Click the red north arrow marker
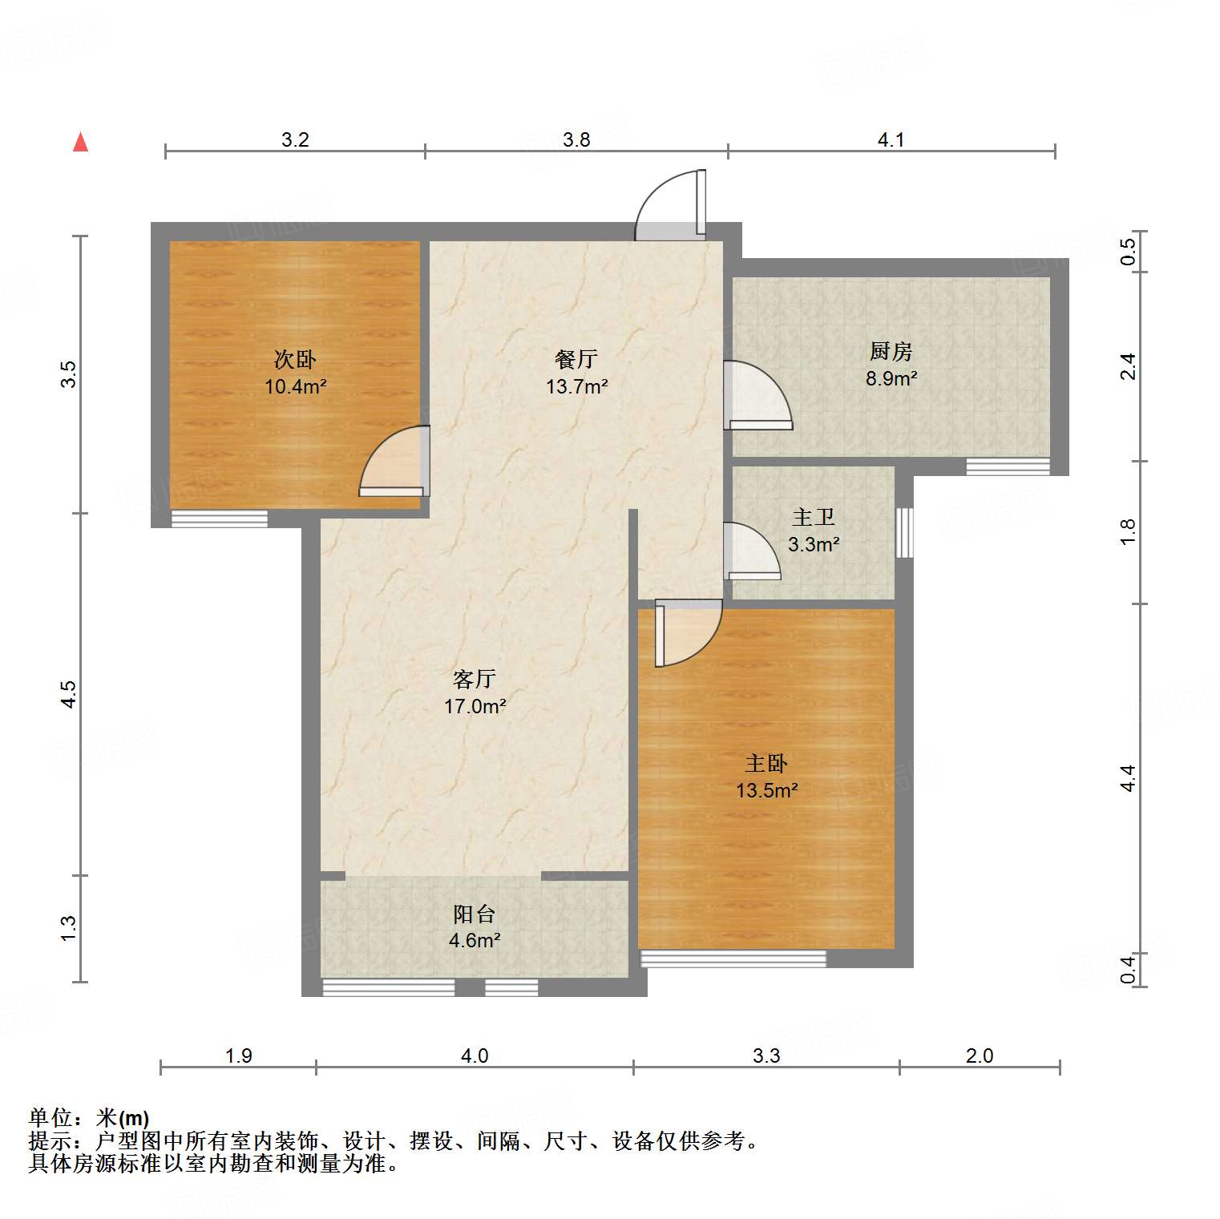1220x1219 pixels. tap(80, 142)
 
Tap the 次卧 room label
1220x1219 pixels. tap(295, 359)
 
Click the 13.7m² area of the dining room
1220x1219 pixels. tap(576, 387)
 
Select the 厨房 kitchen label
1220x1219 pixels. tap(891, 351)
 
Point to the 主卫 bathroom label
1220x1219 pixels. tap(813, 518)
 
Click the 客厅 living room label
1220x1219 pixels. tap(475, 680)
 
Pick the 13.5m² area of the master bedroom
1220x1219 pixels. tap(766, 791)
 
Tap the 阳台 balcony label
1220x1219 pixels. tap(475, 914)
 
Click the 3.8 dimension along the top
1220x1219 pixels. tap(576, 140)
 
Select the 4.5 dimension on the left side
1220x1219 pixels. tap(69, 694)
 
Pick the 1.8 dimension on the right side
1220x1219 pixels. tap(1128, 532)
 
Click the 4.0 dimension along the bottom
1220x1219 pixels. tap(475, 1056)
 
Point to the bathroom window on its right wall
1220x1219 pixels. tap(904, 533)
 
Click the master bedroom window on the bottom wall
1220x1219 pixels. tap(733, 958)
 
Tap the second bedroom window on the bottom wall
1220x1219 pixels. tap(219, 519)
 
